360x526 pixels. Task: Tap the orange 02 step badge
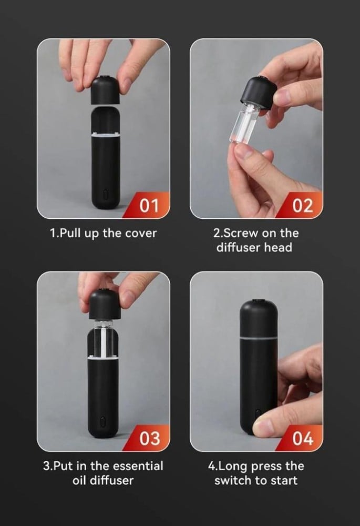pyautogui.click(x=302, y=205)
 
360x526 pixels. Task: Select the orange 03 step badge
pyautogui.click(x=149, y=438)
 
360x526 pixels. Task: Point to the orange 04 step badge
pyautogui.click(x=302, y=438)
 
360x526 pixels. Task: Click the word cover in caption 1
pyautogui.click(x=141, y=233)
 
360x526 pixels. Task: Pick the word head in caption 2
pyautogui.click(x=278, y=248)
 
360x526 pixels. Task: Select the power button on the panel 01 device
pyautogui.click(x=106, y=195)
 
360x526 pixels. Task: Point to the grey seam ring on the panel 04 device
pyautogui.click(x=259, y=338)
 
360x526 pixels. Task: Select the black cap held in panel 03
pyautogui.click(x=105, y=304)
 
